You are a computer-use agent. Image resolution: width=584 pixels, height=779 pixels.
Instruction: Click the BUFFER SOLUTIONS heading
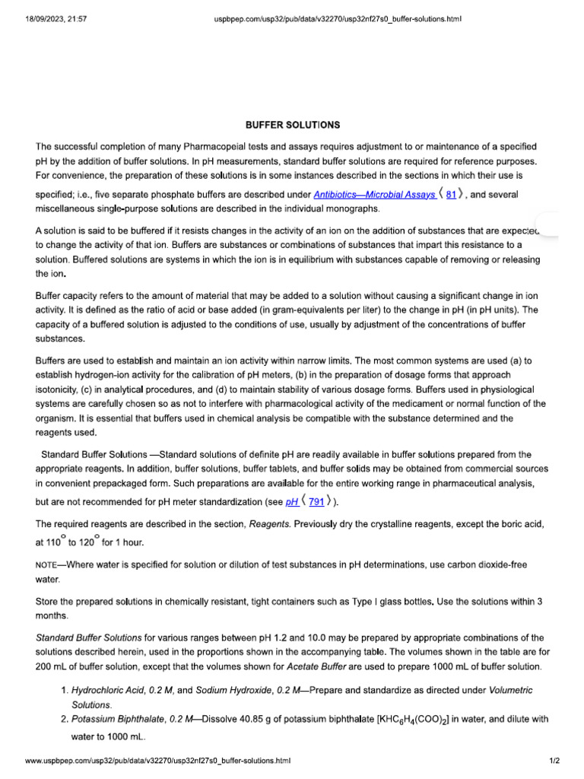[292, 124]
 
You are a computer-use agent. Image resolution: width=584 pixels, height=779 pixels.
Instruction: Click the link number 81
[451, 195]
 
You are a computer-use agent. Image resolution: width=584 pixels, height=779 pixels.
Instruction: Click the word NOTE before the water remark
[50, 564]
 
